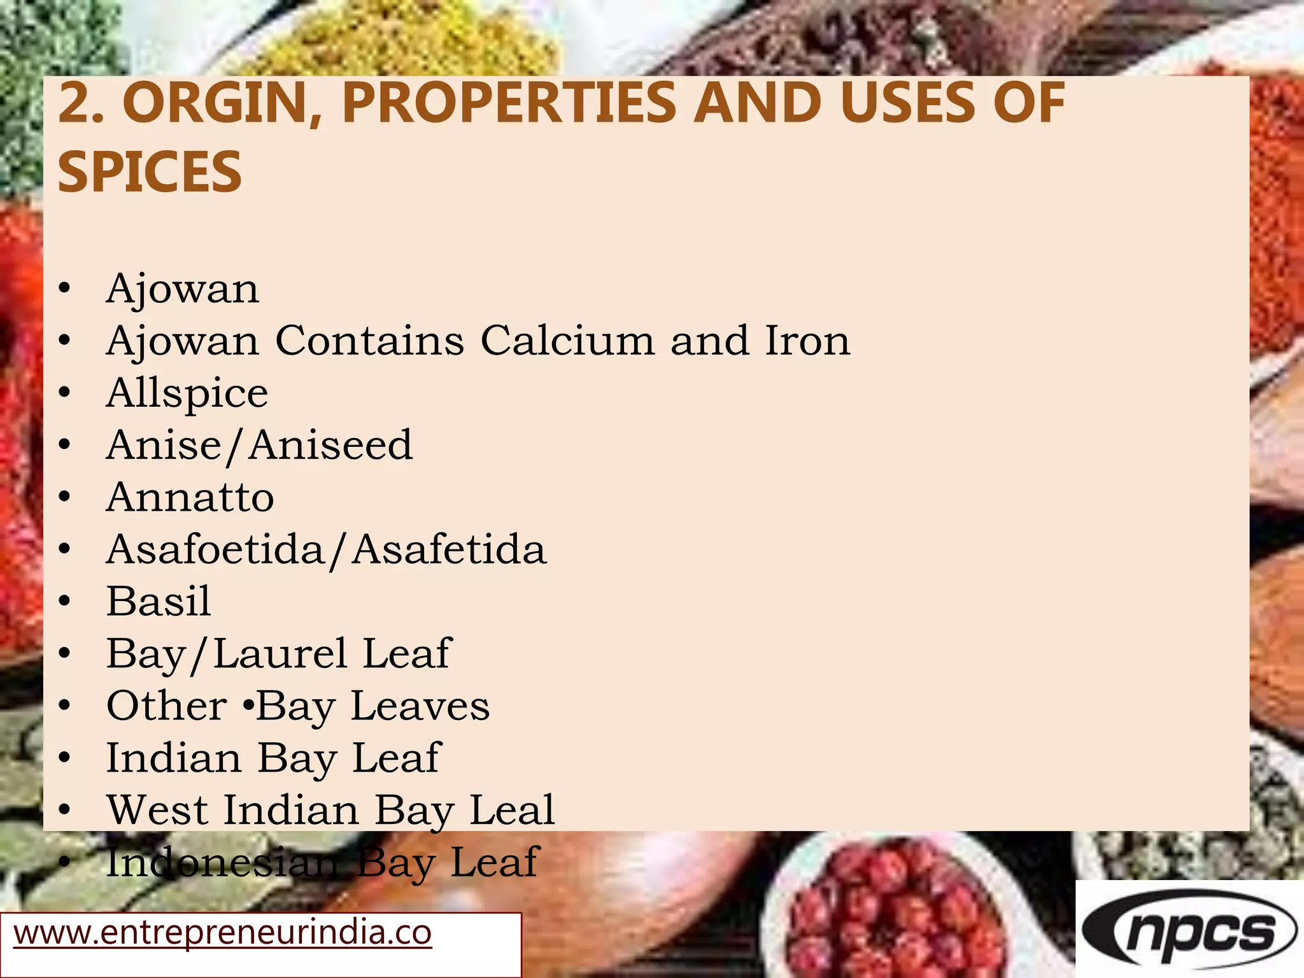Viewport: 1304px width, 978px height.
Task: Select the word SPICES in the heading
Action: click(150, 172)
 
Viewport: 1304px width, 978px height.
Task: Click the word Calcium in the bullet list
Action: click(567, 341)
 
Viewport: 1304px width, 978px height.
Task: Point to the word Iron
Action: click(807, 341)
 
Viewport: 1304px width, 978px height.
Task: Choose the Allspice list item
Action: click(187, 393)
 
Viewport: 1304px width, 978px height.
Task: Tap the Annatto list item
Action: click(190, 497)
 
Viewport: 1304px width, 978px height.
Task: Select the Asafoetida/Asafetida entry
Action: click(326, 549)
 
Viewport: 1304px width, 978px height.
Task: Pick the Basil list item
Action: click(159, 601)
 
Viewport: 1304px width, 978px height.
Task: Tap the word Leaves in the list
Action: click(420, 706)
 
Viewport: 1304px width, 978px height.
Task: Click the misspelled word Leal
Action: click(512, 810)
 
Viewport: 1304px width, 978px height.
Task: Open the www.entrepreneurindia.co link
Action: click(223, 933)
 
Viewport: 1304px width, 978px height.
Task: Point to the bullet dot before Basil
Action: click(64, 602)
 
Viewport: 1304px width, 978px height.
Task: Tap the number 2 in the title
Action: click(75, 103)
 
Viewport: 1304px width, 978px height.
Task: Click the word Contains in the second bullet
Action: click(369, 341)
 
